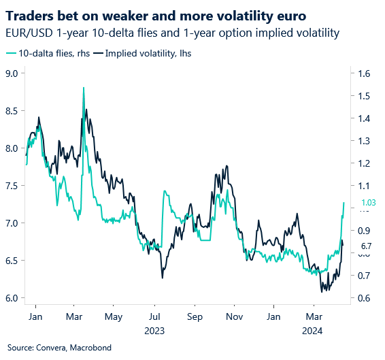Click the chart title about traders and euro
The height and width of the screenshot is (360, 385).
coord(143,14)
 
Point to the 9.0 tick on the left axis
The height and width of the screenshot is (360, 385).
coord(13,73)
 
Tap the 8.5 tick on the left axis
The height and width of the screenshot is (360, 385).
coord(13,111)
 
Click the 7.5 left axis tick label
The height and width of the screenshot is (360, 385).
coord(13,186)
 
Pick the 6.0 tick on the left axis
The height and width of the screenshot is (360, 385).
coord(13,298)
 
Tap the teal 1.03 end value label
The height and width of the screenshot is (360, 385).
coord(368,202)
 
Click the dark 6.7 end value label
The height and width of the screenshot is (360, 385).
coord(366,246)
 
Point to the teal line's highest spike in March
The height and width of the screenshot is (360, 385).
coord(83,88)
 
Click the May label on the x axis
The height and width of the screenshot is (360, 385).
coord(114,316)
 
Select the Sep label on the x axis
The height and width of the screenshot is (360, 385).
coord(195,316)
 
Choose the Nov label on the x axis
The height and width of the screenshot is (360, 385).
coord(234,316)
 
